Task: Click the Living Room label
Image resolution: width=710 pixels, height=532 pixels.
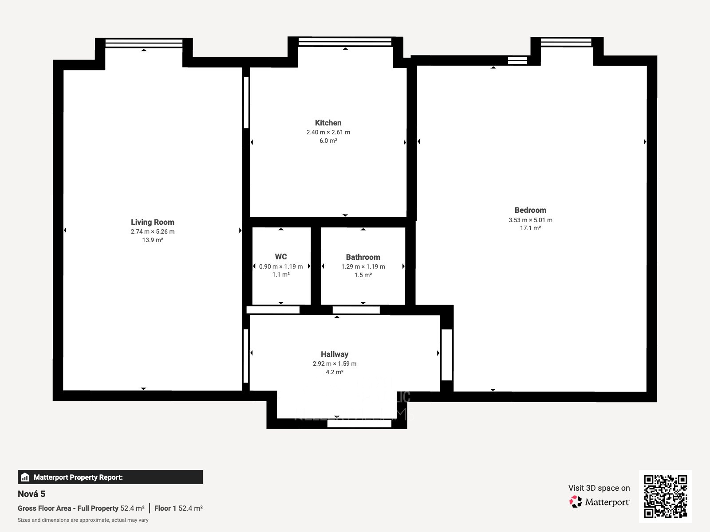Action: click(152, 222)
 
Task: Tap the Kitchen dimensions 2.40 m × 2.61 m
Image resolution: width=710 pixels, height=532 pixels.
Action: click(328, 132)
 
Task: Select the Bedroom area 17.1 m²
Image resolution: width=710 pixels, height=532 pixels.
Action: click(530, 228)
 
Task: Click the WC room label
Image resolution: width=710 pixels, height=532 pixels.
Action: click(280, 257)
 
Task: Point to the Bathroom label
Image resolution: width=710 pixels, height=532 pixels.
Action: click(363, 257)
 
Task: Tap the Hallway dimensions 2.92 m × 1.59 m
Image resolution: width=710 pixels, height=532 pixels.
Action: click(334, 364)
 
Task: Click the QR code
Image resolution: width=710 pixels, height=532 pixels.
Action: click(665, 497)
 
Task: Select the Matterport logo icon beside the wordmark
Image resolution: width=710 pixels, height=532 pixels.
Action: click(576, 502)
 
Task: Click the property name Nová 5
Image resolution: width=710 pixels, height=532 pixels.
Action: click(32, 494)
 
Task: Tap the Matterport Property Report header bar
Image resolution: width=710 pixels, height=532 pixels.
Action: click(110, 477)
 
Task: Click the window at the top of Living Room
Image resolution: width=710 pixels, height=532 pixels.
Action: click(144, 43)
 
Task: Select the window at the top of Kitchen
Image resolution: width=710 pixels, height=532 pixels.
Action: click(345, 42)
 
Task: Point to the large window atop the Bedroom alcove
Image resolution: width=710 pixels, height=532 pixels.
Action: click(566, 42)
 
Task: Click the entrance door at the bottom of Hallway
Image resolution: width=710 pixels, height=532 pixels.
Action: click(359, 424)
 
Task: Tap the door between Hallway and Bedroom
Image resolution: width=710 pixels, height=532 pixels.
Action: click(446, 355)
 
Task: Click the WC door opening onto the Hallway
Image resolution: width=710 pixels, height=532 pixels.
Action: click(273, 310)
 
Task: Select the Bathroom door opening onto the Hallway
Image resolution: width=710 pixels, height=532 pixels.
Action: click(356, 310)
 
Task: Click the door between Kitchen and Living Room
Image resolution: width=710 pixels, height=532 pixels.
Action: click(246, 103)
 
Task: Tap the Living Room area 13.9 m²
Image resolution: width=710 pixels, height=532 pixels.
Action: click(152, 240)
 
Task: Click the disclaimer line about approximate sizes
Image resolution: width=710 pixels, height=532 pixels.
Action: click(83, 520)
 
